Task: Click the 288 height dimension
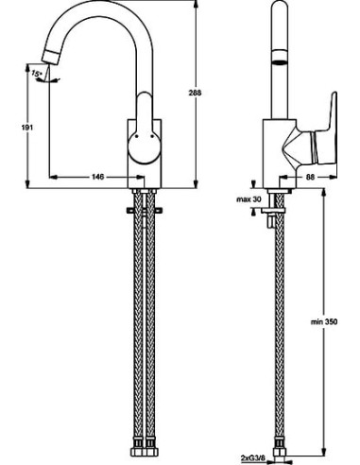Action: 195,93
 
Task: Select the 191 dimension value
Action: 28,128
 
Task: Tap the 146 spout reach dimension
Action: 98,177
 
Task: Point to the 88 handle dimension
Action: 310,177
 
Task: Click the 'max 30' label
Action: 249,199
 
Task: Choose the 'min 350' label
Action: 324,321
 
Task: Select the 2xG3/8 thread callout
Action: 251,457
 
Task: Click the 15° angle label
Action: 36,74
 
